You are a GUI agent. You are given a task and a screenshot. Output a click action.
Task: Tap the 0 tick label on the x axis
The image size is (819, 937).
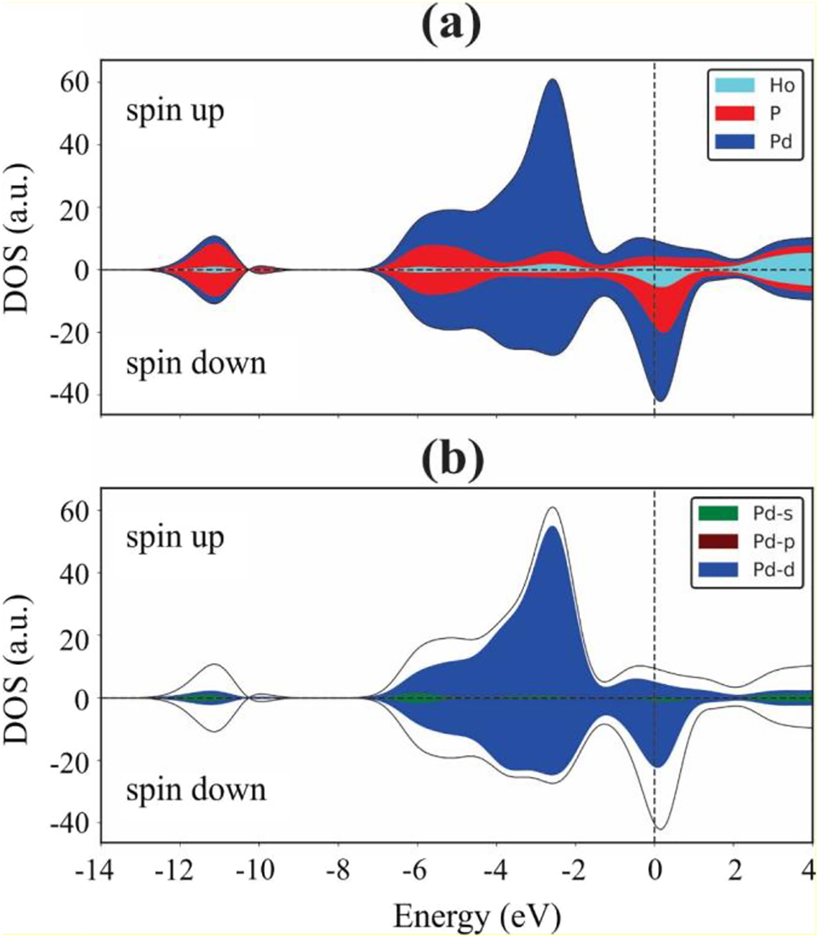click(x=655, y=869)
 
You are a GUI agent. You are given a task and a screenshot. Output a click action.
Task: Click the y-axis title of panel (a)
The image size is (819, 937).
click(x=23, y=238)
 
